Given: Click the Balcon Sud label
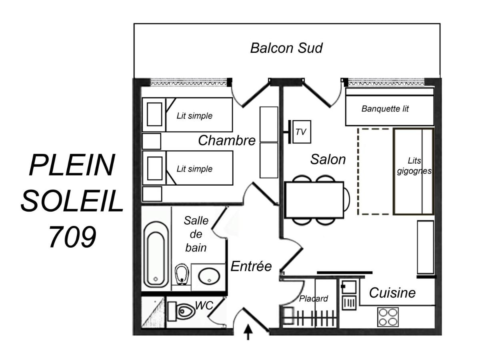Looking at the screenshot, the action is [x=286, y=48].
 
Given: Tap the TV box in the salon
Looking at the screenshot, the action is [x=302, y=132].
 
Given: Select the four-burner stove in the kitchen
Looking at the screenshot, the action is [x=388, y=317].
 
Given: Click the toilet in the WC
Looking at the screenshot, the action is [x=182, y=312].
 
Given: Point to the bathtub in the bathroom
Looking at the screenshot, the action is [x=156, y=255].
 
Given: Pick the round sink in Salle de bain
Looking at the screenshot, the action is [x=209, y=276].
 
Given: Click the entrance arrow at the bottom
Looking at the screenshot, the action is [x=248, y=332].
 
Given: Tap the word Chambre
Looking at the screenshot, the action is [x=226, y=140].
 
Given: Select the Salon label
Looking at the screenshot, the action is [x=328, y=159].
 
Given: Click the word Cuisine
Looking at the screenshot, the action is [x=392, y=292].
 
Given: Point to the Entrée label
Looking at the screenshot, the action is [x=251, y=266].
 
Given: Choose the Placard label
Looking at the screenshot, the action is [x=313, y=298].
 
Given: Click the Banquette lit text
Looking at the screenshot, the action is [x=385, y=109].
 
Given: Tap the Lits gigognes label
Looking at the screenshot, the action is [x=414, y=166].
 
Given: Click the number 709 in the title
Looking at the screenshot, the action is [x=72, y=236].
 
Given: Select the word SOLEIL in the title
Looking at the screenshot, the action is [x=72, y=200].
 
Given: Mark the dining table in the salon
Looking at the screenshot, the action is [x=314, y=200].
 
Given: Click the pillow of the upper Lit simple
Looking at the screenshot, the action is [x=154, y=114].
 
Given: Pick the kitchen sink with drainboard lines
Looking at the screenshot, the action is [x=349, y=303].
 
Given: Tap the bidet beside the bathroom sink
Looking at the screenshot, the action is [x=182, y=274].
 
